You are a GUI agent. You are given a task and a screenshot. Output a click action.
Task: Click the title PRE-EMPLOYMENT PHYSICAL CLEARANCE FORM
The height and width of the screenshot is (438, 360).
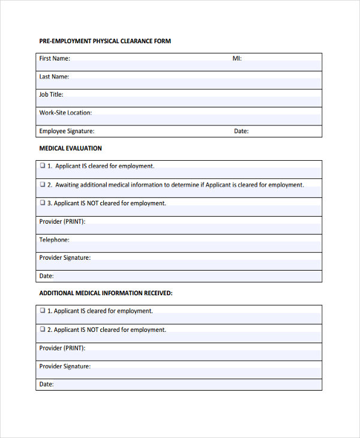[x=105, y=41]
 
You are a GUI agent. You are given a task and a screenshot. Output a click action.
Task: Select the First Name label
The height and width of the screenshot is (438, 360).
[x=55, y=59]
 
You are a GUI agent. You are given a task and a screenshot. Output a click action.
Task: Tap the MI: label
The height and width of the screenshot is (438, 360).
[x=237, y=59]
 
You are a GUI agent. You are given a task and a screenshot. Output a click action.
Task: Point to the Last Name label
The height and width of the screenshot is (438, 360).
[x=54, y=77]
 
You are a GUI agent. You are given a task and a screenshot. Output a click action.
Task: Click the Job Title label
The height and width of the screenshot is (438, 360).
[x=51, y=95]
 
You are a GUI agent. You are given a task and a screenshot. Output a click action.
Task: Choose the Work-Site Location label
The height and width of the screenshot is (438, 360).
[x=65, y=113]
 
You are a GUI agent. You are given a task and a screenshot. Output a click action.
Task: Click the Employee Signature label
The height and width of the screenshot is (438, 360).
[x=67, y=131]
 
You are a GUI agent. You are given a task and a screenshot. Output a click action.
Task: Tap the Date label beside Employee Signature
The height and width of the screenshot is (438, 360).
[x=241, y=131]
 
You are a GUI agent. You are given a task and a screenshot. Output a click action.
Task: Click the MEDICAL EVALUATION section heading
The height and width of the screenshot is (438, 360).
[x=70, y=148]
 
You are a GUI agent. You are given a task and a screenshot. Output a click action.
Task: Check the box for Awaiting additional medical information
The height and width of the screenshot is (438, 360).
[x=43, y=184]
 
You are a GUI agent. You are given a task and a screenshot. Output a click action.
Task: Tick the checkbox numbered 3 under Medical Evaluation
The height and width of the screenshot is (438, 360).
[x=43, y=203]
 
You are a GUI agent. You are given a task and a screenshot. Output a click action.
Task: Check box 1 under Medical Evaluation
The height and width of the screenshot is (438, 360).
[x=43, y=166]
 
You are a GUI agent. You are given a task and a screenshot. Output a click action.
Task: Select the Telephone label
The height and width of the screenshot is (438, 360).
[x=54, y=240]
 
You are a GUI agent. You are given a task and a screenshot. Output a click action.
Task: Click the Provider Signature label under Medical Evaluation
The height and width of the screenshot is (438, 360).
[x=65, y=258]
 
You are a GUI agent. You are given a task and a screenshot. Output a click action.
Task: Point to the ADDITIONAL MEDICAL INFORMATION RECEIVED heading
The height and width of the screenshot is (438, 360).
[x=106, y=293]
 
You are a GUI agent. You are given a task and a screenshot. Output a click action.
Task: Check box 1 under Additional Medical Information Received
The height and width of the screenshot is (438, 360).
[x=43, y=311]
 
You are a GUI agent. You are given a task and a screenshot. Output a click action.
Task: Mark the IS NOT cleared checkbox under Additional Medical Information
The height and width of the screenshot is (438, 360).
[x=43, y=329]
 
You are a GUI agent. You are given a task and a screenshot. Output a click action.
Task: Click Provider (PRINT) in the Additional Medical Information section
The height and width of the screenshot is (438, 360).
[x=62, y=348]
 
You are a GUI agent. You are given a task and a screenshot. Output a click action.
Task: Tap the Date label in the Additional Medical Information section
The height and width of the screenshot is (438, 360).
[x=46, y=385]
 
